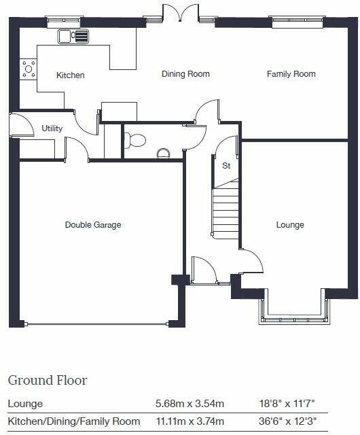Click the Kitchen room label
click(71, 75)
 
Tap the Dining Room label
click(185, 74)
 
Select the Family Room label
click(291, 74)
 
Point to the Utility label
click(52, 128)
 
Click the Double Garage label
click(93, 225)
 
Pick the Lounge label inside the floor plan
click(290, 225)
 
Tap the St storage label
click(226, 165)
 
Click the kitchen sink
click(73, 36)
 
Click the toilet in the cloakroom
click(137, 140)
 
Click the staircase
click(226, 212)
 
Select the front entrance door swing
click(203, 271)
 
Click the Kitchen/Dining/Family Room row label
click(74, 421)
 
